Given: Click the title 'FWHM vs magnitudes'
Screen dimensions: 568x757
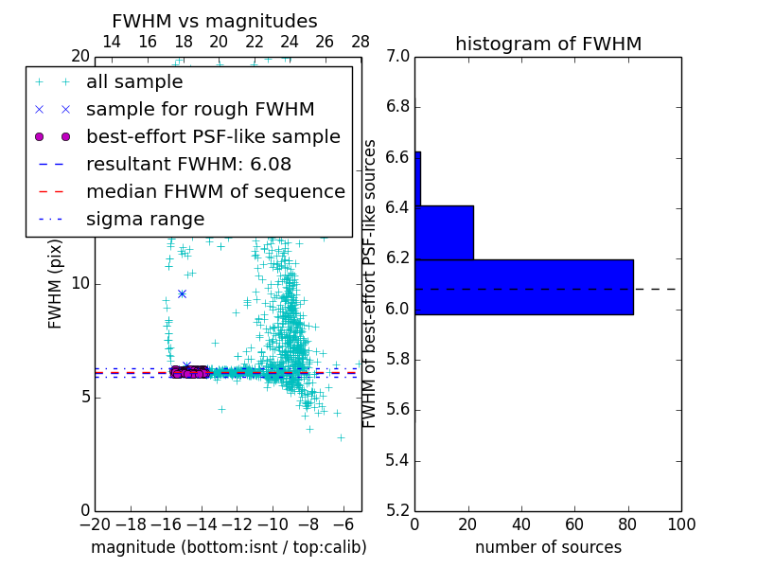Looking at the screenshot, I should pyautogui.click(x=215, y=21).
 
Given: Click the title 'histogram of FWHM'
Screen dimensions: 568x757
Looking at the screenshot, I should pyautogui.click(x=548, y=44).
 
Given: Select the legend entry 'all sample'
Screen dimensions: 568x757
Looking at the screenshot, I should pyautogui.click(x=134, y=82).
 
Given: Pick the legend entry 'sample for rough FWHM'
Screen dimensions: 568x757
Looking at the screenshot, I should pyautogui.click(x=200, y=109).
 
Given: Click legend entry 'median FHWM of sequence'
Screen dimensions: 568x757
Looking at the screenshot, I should pyautogui.click(x=215, y=191).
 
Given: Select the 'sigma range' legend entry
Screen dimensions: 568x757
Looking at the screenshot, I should pyautogui.click(x=145, y=219).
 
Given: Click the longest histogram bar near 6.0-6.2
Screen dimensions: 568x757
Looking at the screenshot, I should pyautogui.click(x=523, y=287).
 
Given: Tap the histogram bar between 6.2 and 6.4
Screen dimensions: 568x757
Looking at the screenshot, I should pyautogui.click(x=444, y=233).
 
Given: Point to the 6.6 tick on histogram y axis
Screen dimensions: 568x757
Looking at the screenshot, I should pyautogui.click(x=397, y=157).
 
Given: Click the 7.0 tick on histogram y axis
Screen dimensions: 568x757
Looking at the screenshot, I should pyautogui.click(x=397, y=57).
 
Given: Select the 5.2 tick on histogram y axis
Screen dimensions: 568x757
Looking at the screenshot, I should pyautogui.click(x=397, y=511).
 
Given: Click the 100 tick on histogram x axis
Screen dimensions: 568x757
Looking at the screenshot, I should pyautogui.click(x=681, y=524).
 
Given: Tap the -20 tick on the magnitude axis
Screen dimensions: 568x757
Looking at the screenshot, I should pyautogui.click(x=95, y=524).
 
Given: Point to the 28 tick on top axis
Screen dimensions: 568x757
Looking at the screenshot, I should pyautogui.click(x=361, y=42).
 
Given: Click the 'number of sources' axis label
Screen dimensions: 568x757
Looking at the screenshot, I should pyautogui.click(x=548, y=547).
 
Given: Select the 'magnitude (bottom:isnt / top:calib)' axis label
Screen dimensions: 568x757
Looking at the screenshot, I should pyautogui.click(x=228, y=547).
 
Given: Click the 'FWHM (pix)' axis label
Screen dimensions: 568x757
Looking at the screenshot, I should pyautogui.click(x=56, y=284).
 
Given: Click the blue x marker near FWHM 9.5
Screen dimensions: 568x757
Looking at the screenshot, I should pyautogui.click(x=182, y=293).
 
